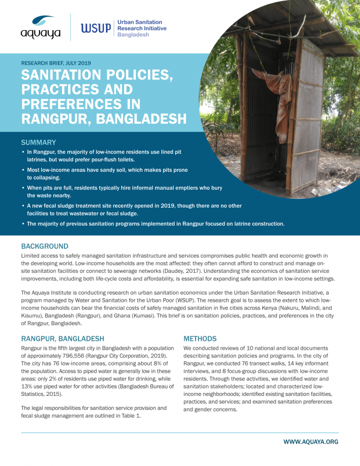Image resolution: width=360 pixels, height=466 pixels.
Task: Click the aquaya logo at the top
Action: click(x=40, y=28)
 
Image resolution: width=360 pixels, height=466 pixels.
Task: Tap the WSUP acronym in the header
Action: click(x=96, y=29)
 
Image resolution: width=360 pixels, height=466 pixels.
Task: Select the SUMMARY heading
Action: click(x=38, y=142)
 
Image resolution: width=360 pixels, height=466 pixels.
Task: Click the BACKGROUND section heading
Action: click(x=44, y=246)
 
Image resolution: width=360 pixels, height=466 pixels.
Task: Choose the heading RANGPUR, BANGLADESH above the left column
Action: click(x=62, y=338)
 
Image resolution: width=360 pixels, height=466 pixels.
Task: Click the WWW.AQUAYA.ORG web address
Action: click(x=310, y=441)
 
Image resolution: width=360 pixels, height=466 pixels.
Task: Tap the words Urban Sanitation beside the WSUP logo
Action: click(x=139, y=23)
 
